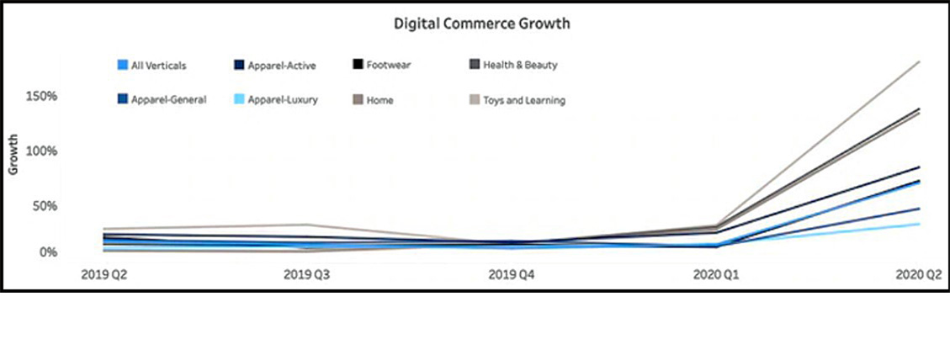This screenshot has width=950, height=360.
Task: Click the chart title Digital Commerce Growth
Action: [x=482, y=24]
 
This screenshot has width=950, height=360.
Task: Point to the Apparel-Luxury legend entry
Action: [x=276, y=100]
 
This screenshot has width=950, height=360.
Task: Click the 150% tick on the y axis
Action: [x=40, y=96]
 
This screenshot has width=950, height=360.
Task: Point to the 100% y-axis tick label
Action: [x=40, y=151]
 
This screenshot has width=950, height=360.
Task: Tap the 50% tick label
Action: [x=43, y=206]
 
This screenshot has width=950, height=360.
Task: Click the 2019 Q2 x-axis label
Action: [x=102, y=275]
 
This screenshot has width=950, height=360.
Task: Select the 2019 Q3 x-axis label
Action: [x=307, y=275]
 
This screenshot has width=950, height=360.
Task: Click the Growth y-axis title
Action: [x=13, y=159]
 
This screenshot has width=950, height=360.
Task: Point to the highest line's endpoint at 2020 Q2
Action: [x=920, y=61]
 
